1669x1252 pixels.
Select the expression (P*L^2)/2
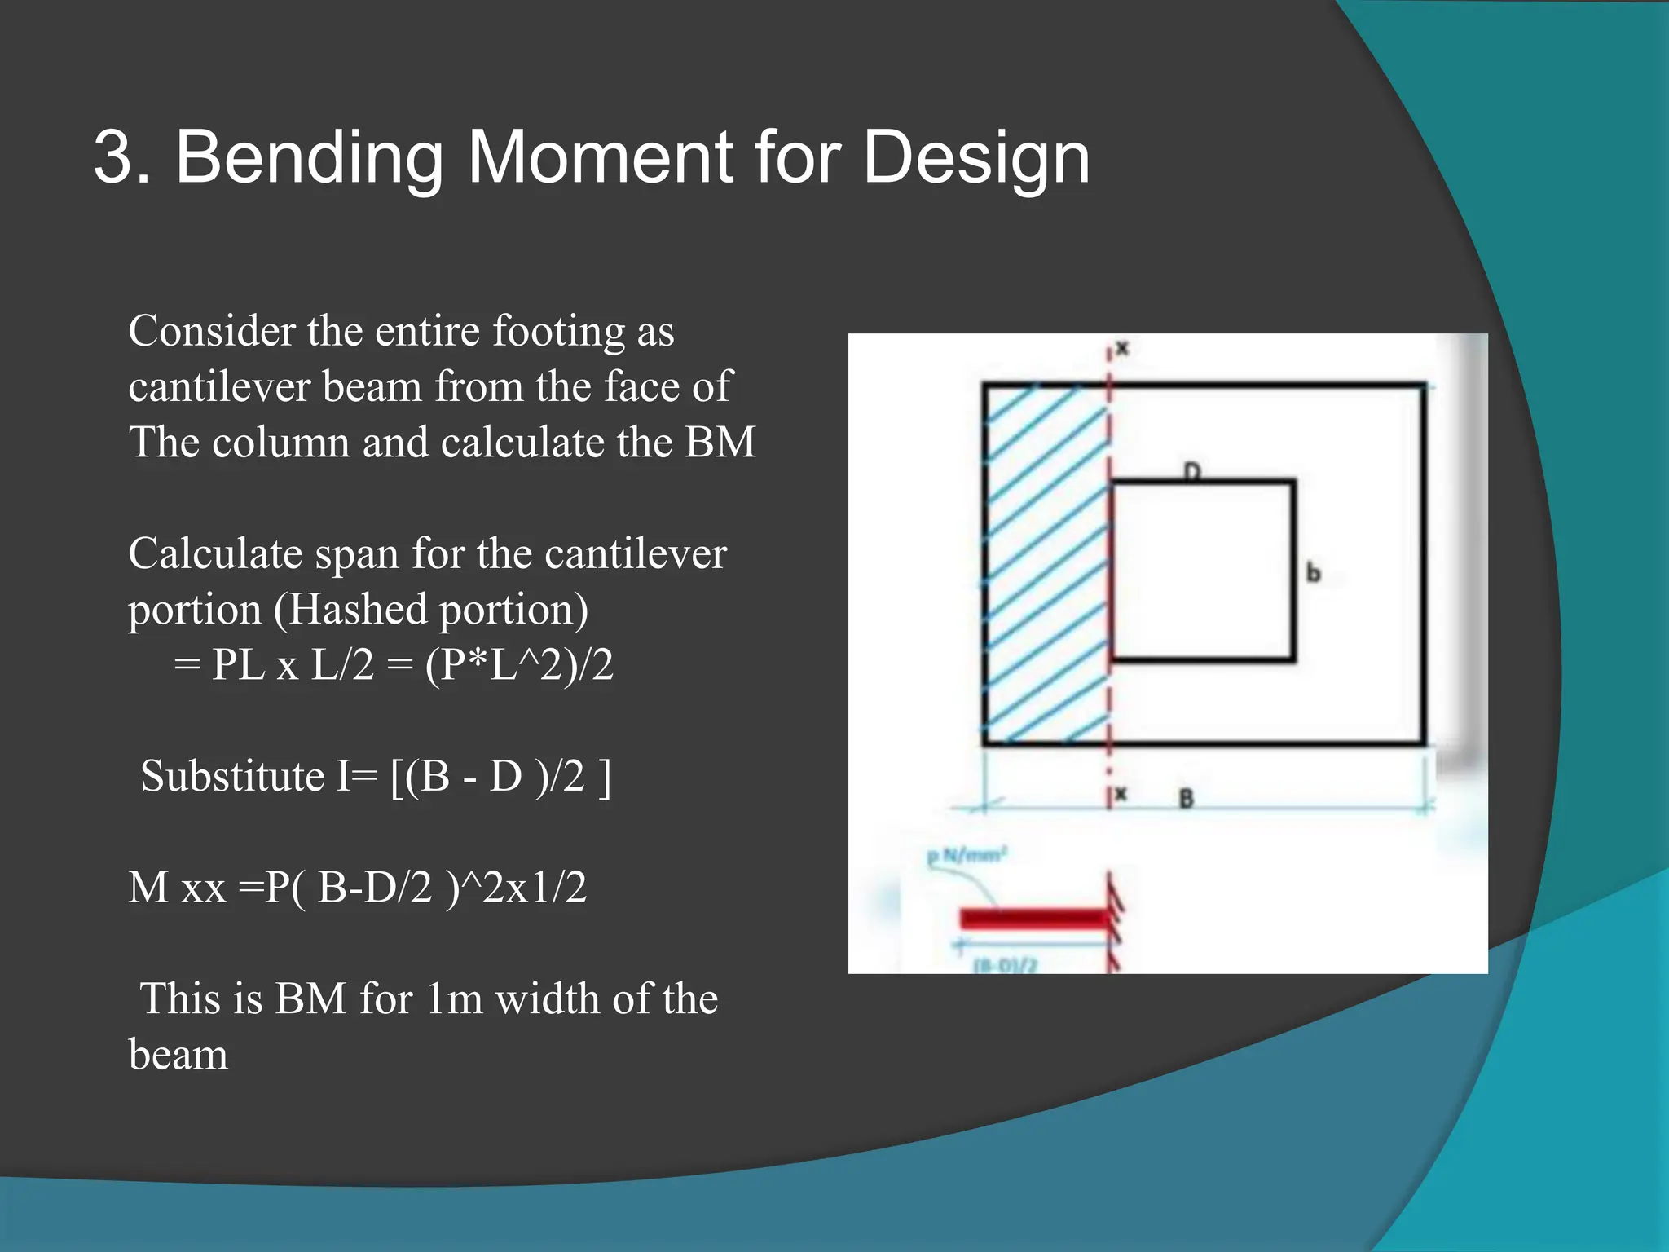pyautogui.click(x=519, y=665)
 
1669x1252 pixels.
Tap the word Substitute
pyautogui.click(x=232, y=776)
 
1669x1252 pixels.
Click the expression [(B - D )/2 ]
pyautogui.click(x=500, y=776)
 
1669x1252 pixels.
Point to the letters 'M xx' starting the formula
pyautogui.click(x=176, y=888)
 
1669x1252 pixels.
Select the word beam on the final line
pyautogui.click(x=178, y=1055)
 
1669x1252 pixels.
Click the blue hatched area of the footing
pyautogui.click(x=1045, y=562)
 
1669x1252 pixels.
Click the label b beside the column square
pyautogui.click(x=1313, y=572)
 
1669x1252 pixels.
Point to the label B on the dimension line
pyautogui.click(x=1186, y=799)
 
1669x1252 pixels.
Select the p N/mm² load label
pyautogui.click(x=967, y=855)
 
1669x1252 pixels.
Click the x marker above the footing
pyautogui.click(x=1122, y=349)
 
